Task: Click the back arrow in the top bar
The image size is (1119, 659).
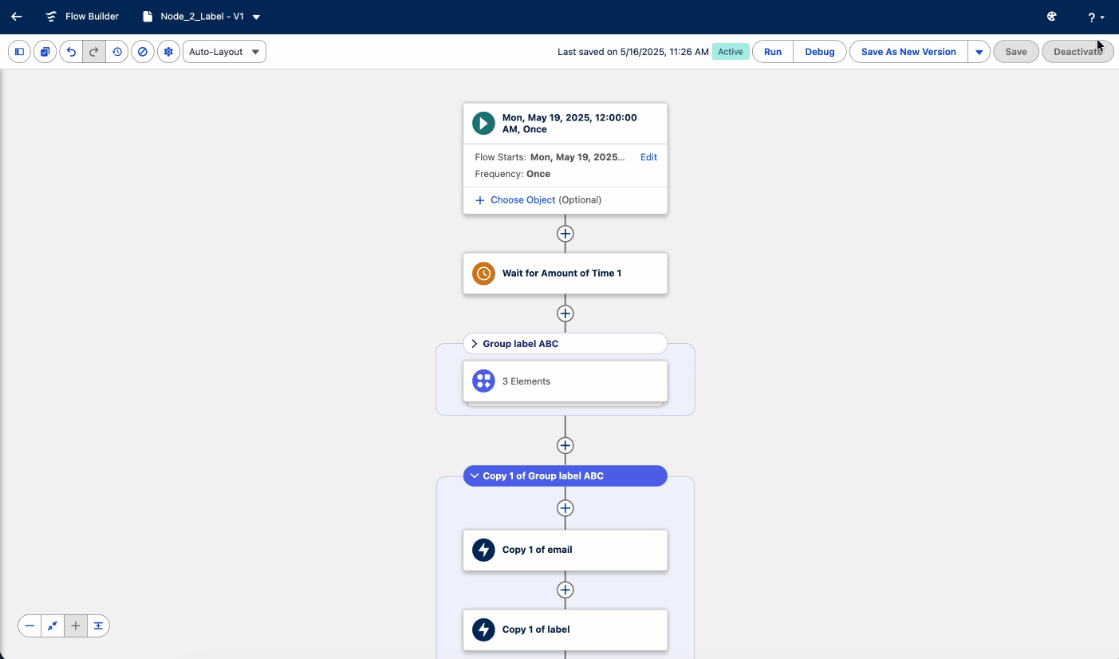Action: (17, 17)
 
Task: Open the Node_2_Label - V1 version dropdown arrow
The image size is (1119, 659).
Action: (256, 17)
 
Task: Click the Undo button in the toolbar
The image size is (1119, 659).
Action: (72, 52)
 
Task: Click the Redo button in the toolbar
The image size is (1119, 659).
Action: (94, 52)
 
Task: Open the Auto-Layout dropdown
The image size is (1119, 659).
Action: (224, 52)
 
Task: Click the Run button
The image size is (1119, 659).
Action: (773, 52)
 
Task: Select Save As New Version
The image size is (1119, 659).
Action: (908, 52)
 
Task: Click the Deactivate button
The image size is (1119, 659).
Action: (1078, 52)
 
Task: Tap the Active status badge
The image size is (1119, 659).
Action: (731, 52)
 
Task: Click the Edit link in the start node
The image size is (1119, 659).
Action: (648, 157)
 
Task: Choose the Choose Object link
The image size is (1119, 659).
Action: (522, 199)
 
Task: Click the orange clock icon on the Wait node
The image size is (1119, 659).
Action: (483, 274)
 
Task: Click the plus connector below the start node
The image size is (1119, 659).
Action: (565, 233)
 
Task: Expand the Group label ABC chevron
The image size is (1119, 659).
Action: (474, 344)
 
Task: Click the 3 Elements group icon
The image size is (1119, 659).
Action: (483, 381)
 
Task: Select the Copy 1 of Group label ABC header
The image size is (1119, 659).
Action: (565, 476)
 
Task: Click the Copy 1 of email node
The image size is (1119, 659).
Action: (565, 550)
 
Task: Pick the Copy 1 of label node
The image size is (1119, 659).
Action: (565, 629)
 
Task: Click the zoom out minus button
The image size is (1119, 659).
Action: (30, 625)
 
